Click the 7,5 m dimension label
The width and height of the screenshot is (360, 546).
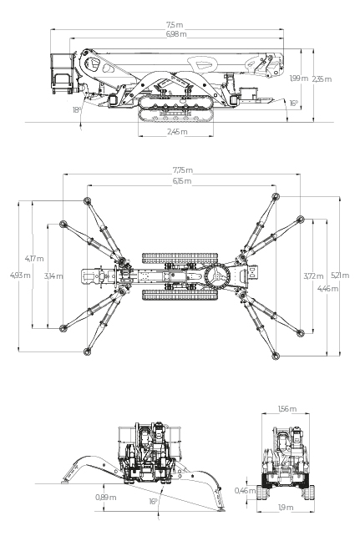[x=175, y=25]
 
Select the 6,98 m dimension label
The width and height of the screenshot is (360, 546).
[x=176, y=33]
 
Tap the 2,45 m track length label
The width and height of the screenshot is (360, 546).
[x=177, y=132]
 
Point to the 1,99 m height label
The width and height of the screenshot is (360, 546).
[x=299, y=78]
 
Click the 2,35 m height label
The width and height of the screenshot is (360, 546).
[x=322, y=79]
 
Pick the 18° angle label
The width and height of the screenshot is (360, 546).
[x=77, y=110]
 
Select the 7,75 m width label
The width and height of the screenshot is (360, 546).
[x=183, y=170]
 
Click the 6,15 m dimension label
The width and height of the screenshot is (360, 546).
[x=182, y=181]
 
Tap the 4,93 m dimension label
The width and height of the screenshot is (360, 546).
[x=20, y=276]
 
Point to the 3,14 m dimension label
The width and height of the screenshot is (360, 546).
[x=53, y=276]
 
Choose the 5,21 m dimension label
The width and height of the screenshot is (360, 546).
[x=340, y=276]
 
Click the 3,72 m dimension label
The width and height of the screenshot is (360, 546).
[x=314, y=276]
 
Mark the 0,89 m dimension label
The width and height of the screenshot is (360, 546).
[x=105, y=498]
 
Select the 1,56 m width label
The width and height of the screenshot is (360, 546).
[x=287, y=409]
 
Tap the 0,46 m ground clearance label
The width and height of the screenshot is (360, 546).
[x=245, y=491]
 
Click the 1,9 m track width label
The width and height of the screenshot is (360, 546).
[x=286, y=508]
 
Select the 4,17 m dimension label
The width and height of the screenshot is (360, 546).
[x=34, y=259]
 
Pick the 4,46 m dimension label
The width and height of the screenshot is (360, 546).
[x=328, y=288]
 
